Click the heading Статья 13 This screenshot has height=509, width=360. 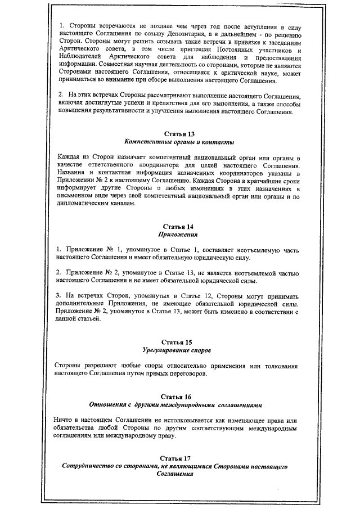[179, 133]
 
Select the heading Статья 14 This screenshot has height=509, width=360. [179, 227]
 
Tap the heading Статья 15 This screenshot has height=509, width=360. [179, 342]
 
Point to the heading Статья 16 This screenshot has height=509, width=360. [179, 396]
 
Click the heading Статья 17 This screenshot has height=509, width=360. [179, 458]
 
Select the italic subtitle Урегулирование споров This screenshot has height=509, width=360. [179, 350]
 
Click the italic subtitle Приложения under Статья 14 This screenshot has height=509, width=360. [179, 235]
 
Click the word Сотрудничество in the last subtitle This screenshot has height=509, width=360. [94, 467]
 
